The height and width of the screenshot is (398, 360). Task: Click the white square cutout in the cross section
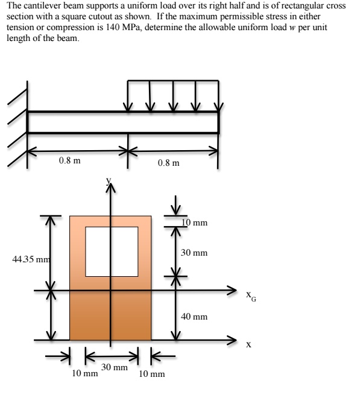tap(110, 250)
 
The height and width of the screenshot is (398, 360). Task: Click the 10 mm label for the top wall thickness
tap(195, 223)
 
